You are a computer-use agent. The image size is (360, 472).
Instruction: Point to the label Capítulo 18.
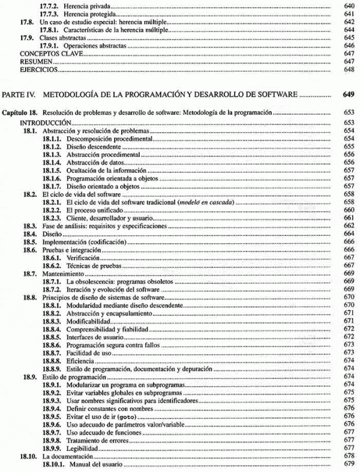tap(22, 112)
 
